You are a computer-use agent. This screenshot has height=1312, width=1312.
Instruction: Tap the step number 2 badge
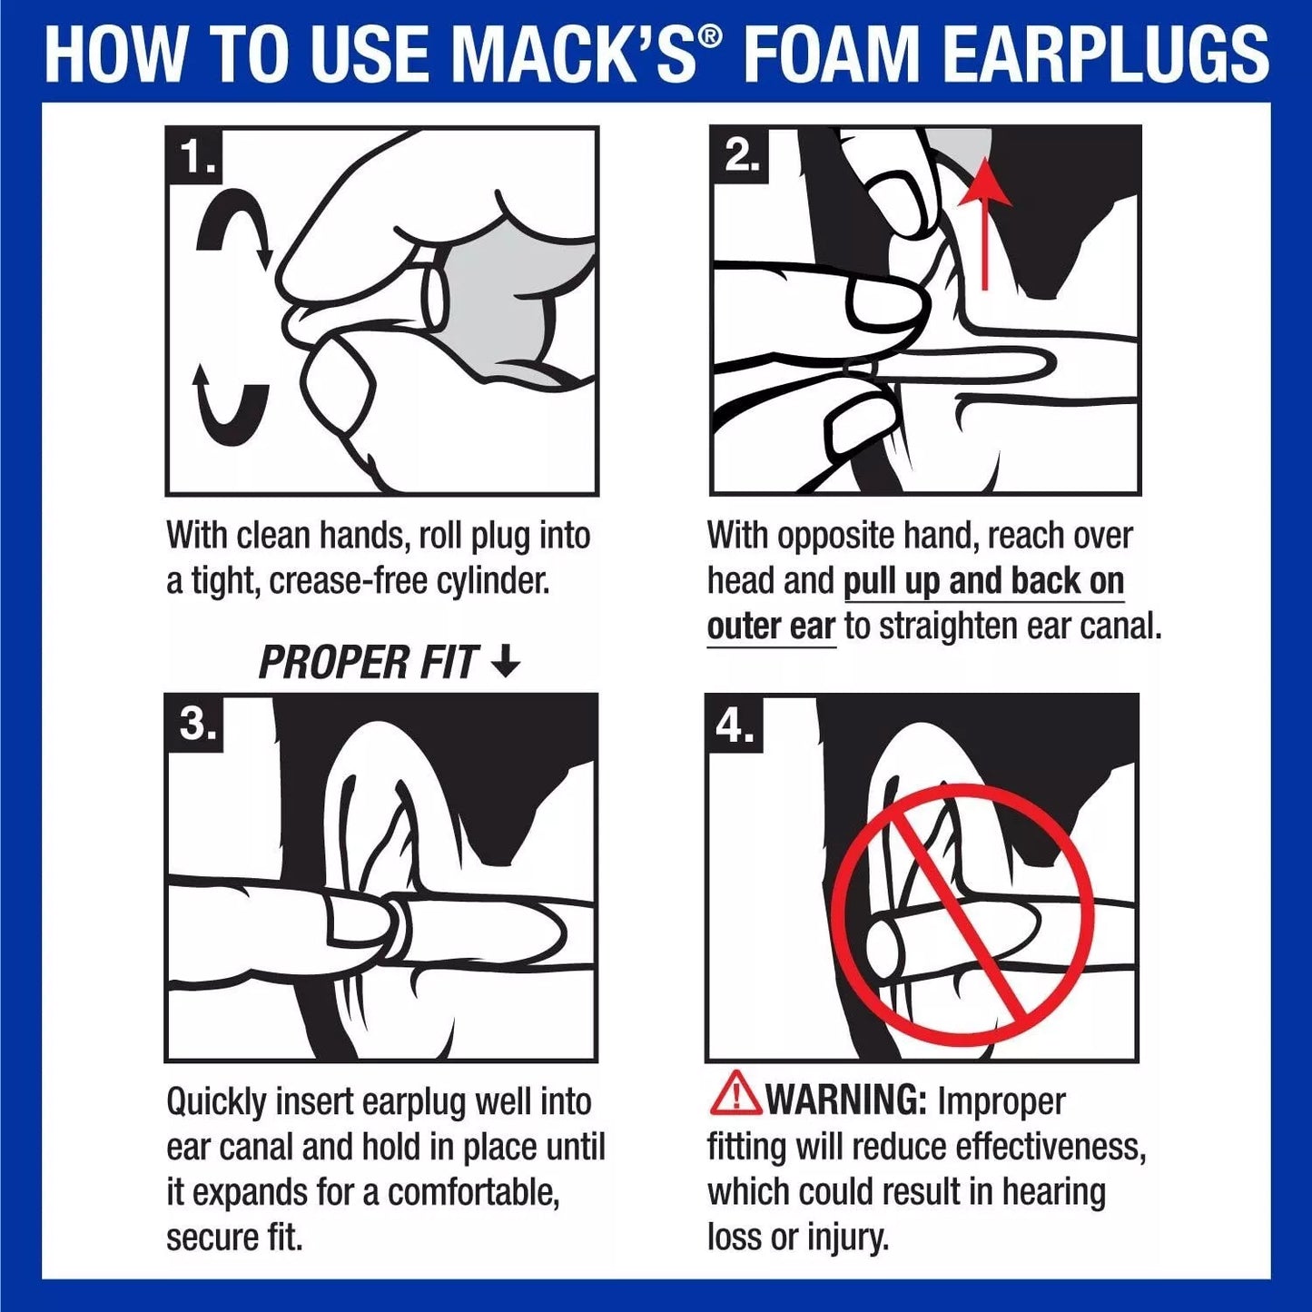point(739,156)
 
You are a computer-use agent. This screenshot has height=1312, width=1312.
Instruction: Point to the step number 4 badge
point(735,724)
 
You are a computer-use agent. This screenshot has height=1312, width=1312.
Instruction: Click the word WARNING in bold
point(845,1100)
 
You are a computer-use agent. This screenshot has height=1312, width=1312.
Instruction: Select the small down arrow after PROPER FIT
point(505,662)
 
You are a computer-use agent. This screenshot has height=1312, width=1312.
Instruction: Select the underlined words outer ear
point(770,626)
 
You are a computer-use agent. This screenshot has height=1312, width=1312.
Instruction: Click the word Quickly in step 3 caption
point(216,1102)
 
